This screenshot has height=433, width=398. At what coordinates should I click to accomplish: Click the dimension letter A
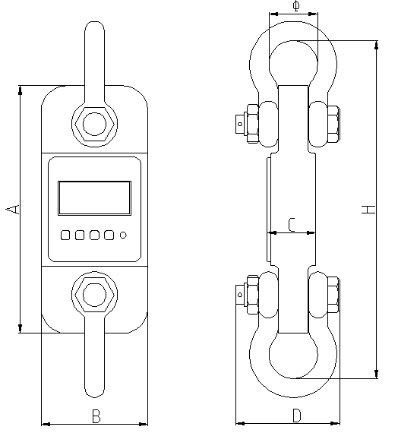click(13, 208)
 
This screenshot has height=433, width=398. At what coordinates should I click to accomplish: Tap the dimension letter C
click(292, 223)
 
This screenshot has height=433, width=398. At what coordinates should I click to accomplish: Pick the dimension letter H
click(368, 209)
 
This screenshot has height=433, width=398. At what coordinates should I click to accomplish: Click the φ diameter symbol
click(295, 7)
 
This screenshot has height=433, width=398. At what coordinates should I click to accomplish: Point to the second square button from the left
click(80, 235)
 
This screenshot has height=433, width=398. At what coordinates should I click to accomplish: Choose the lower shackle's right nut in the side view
click(332, 295)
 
